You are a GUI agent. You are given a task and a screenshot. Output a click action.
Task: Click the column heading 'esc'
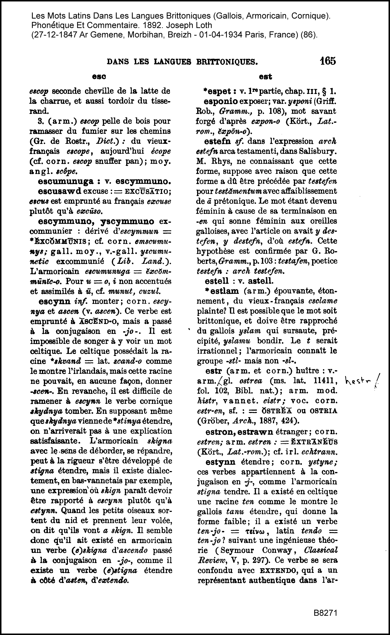(99, 77)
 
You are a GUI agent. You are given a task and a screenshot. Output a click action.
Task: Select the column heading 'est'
(265, 77)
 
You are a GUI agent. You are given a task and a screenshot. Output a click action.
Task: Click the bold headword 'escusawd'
(59, 191)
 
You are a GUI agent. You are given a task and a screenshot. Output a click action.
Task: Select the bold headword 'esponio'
(221, 101)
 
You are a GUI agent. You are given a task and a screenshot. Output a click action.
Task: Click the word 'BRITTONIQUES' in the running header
(227, 62)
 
